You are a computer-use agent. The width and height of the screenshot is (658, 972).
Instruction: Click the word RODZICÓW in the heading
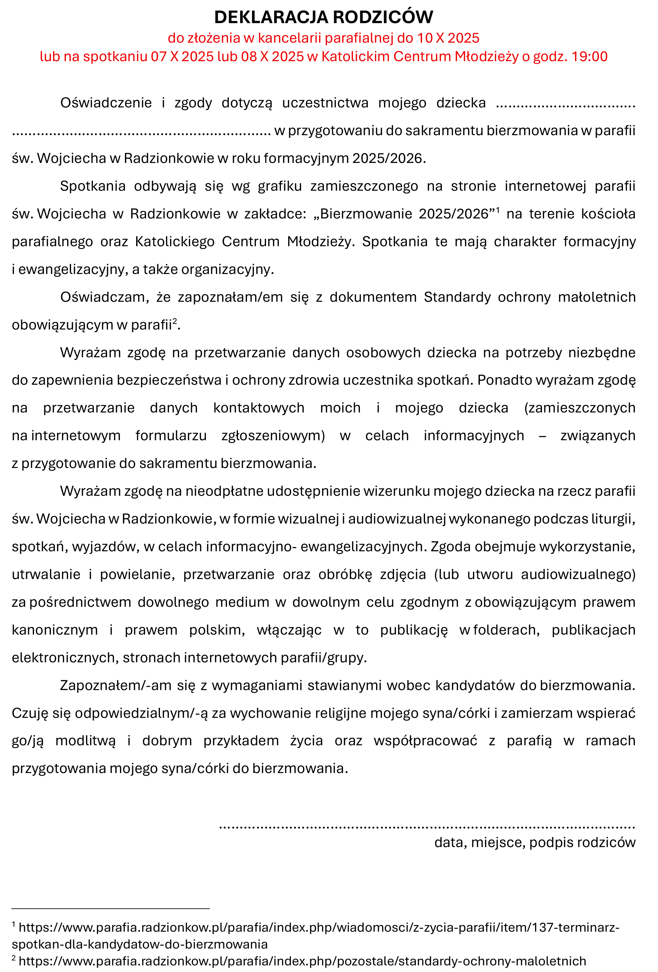pyautogui.click(x=383, y=17)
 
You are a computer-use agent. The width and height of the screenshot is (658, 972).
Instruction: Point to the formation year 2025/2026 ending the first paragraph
pyautogui.click(x=387, y=158)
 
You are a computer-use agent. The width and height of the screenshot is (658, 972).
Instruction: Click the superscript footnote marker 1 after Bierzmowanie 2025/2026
pyautogui.click(x=498, y=209)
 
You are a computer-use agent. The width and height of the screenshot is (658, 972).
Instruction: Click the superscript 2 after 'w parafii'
pyautogui.click(x=175, y=321)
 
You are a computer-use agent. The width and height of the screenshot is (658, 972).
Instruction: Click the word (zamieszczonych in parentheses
pyautogui.click(x=579, y=408)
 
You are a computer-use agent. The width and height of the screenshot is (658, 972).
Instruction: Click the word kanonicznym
pyautogui.click(x=55, y=630)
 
